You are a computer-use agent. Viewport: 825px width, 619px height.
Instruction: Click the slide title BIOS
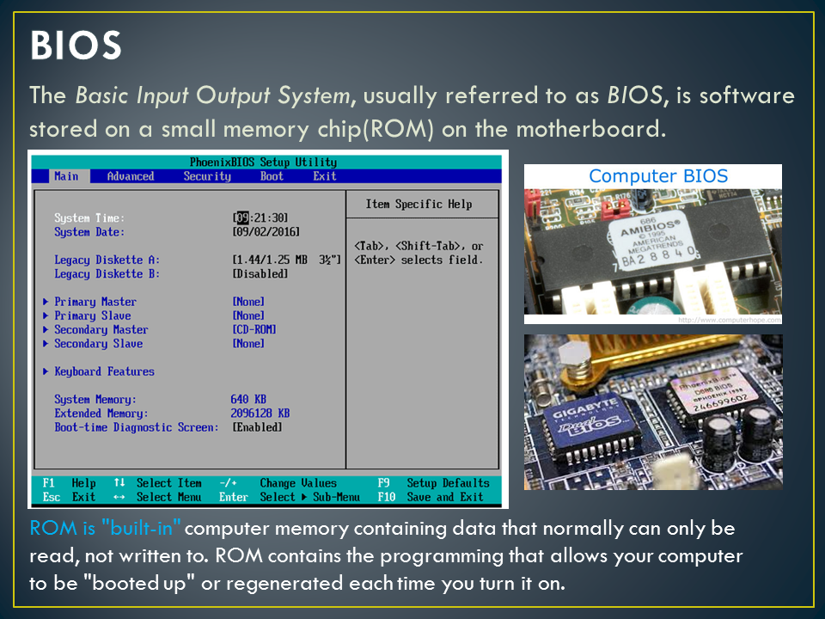click(76, 46)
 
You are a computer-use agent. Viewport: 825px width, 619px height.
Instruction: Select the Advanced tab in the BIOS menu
click(131, 176)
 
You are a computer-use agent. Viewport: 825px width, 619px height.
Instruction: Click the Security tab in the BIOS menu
click(207, 176)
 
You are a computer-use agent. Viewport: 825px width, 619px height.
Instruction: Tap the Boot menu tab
click(272, 176)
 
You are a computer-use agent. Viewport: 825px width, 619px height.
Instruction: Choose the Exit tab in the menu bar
click(325, 176)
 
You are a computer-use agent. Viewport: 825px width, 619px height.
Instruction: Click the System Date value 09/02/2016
click(266, 232)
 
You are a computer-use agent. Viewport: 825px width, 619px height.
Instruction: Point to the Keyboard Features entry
click(104, 371)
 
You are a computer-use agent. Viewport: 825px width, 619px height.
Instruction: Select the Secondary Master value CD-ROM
click(254, 329)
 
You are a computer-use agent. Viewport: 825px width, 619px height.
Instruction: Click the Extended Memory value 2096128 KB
click(260, 414)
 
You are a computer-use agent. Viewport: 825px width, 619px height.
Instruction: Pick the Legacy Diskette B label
click(107, 273)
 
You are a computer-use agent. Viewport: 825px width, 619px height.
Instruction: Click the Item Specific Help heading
click(419, 204)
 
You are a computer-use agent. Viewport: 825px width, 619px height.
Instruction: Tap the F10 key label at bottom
click(386, 497)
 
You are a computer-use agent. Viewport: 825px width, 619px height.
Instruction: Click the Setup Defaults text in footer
click(448, 483)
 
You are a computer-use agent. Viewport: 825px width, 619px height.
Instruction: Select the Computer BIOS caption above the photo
click(658, 176)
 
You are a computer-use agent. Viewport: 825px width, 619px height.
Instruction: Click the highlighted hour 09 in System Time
click(242, 218)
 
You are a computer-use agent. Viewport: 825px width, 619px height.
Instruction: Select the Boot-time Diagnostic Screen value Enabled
click(257, 427)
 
